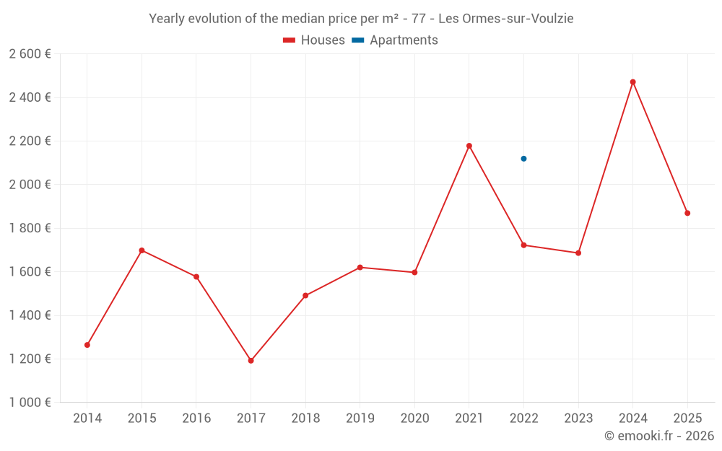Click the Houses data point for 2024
coord(633,82)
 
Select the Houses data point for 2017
coord(251,361)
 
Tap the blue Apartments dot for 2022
coord(523,159)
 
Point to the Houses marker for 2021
coord(469,146)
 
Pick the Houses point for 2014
coord(87,345)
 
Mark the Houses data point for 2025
coord(687,213)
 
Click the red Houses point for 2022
coord(523,245)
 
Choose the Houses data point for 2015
coord(142,250)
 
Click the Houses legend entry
coord(314,40)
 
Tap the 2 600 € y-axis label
coord(30,54)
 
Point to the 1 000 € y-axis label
coord(30,403)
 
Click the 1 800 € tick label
coord(30,228)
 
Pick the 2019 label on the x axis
coord(360,419)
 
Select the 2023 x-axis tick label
coord(578,419)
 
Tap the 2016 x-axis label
coord(196,419)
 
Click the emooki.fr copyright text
coord(658,436)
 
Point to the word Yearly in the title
coord(167,19)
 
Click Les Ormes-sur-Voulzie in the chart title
coord(506,19)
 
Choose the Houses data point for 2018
coord(305,296)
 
